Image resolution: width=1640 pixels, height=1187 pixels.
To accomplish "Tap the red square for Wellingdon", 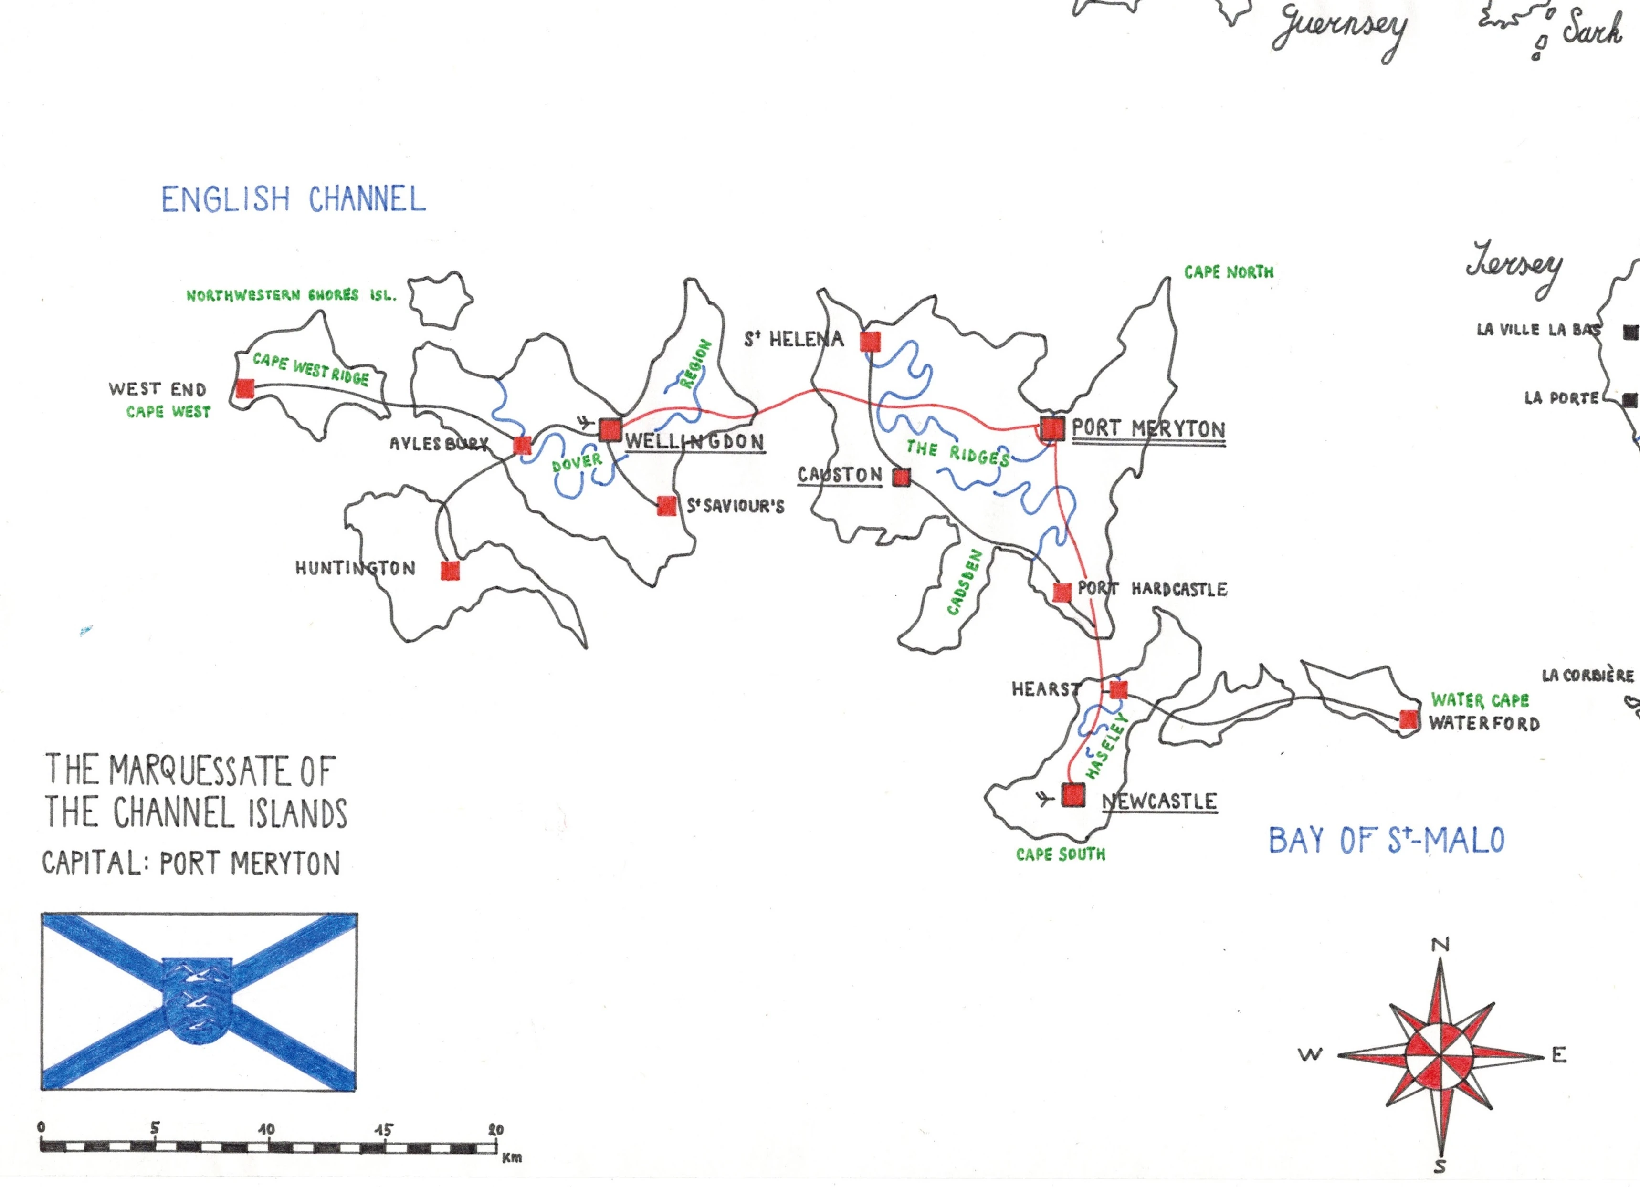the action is coord(610,429).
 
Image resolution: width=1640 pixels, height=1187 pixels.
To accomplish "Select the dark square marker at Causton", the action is coord(901,477).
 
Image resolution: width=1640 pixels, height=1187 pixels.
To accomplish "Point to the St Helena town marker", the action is coord(871,341).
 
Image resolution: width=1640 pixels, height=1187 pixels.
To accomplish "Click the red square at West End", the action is coord(245,388).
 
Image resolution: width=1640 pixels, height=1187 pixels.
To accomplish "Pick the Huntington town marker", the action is coord(450,571).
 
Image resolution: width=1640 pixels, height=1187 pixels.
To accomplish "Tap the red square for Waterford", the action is coord(1409,719).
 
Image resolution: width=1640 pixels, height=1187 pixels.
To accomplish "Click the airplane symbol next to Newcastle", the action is coord(1043,798).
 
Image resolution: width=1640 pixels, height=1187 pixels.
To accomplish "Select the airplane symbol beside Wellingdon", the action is coord(586,421).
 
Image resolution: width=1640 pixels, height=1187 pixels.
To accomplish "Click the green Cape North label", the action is coord(1229,272).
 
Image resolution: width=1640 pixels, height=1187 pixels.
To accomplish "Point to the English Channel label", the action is coord(294,199).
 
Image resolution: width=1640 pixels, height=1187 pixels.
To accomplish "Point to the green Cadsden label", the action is coord(965,582).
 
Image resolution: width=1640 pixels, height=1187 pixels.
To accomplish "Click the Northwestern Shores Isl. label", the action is coord(291,295).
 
